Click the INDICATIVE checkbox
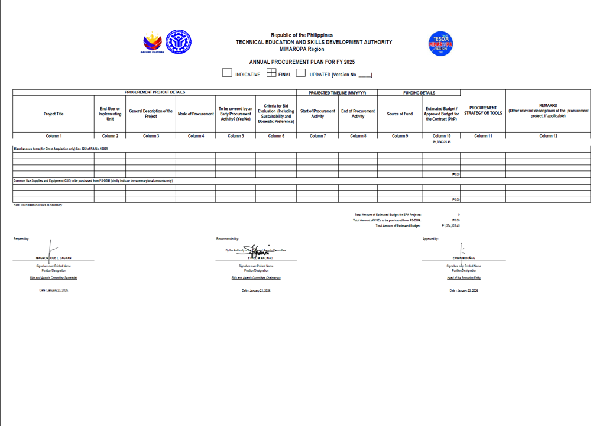pos(227,73)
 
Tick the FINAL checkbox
pos(271,73)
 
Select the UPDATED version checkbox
pos(300,73)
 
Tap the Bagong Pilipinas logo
pos(152,43)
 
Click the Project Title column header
pos(53,114)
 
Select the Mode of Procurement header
pos(196,114)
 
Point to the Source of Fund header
pos(400,114)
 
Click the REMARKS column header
pos(548,111)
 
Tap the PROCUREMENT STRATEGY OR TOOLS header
pos(483,111)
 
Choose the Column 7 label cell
pos(317,136)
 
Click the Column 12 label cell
pos(548,136)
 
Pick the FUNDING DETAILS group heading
pos(419,93)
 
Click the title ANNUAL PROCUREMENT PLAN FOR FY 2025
pos(301,62)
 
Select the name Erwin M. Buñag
pos(464,258)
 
